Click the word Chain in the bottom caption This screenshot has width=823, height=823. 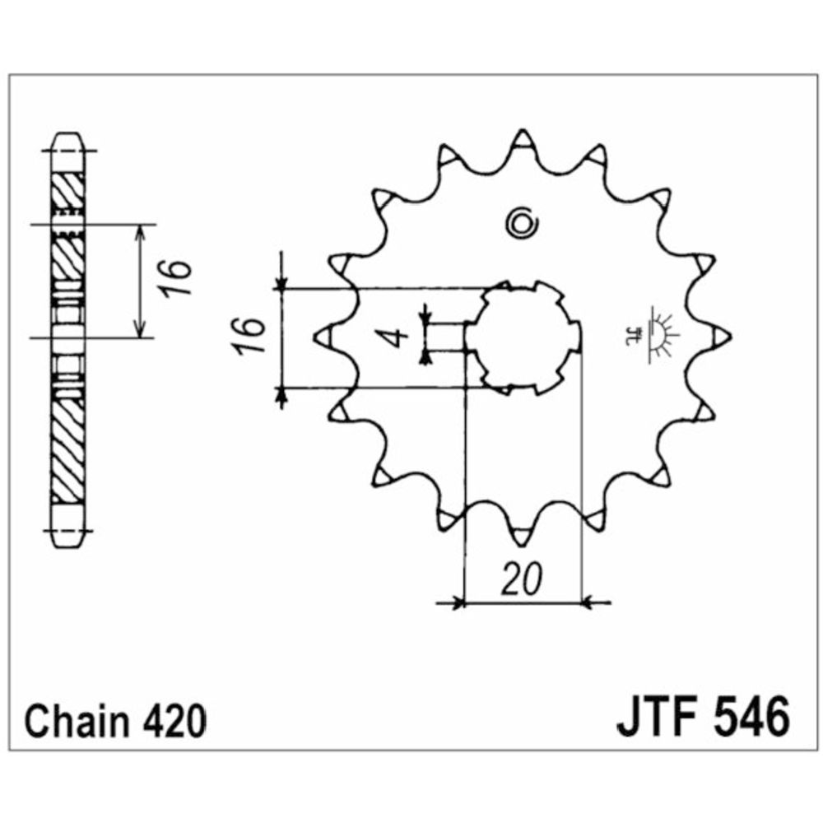click(x=77, y=722)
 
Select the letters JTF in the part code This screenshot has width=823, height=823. click(x=657, y=717)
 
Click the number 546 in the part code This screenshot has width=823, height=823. click(x=751, y=717)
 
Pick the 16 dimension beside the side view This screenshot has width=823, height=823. click(x=176, y=278)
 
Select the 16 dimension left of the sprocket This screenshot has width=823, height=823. click(x=250, y=337)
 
